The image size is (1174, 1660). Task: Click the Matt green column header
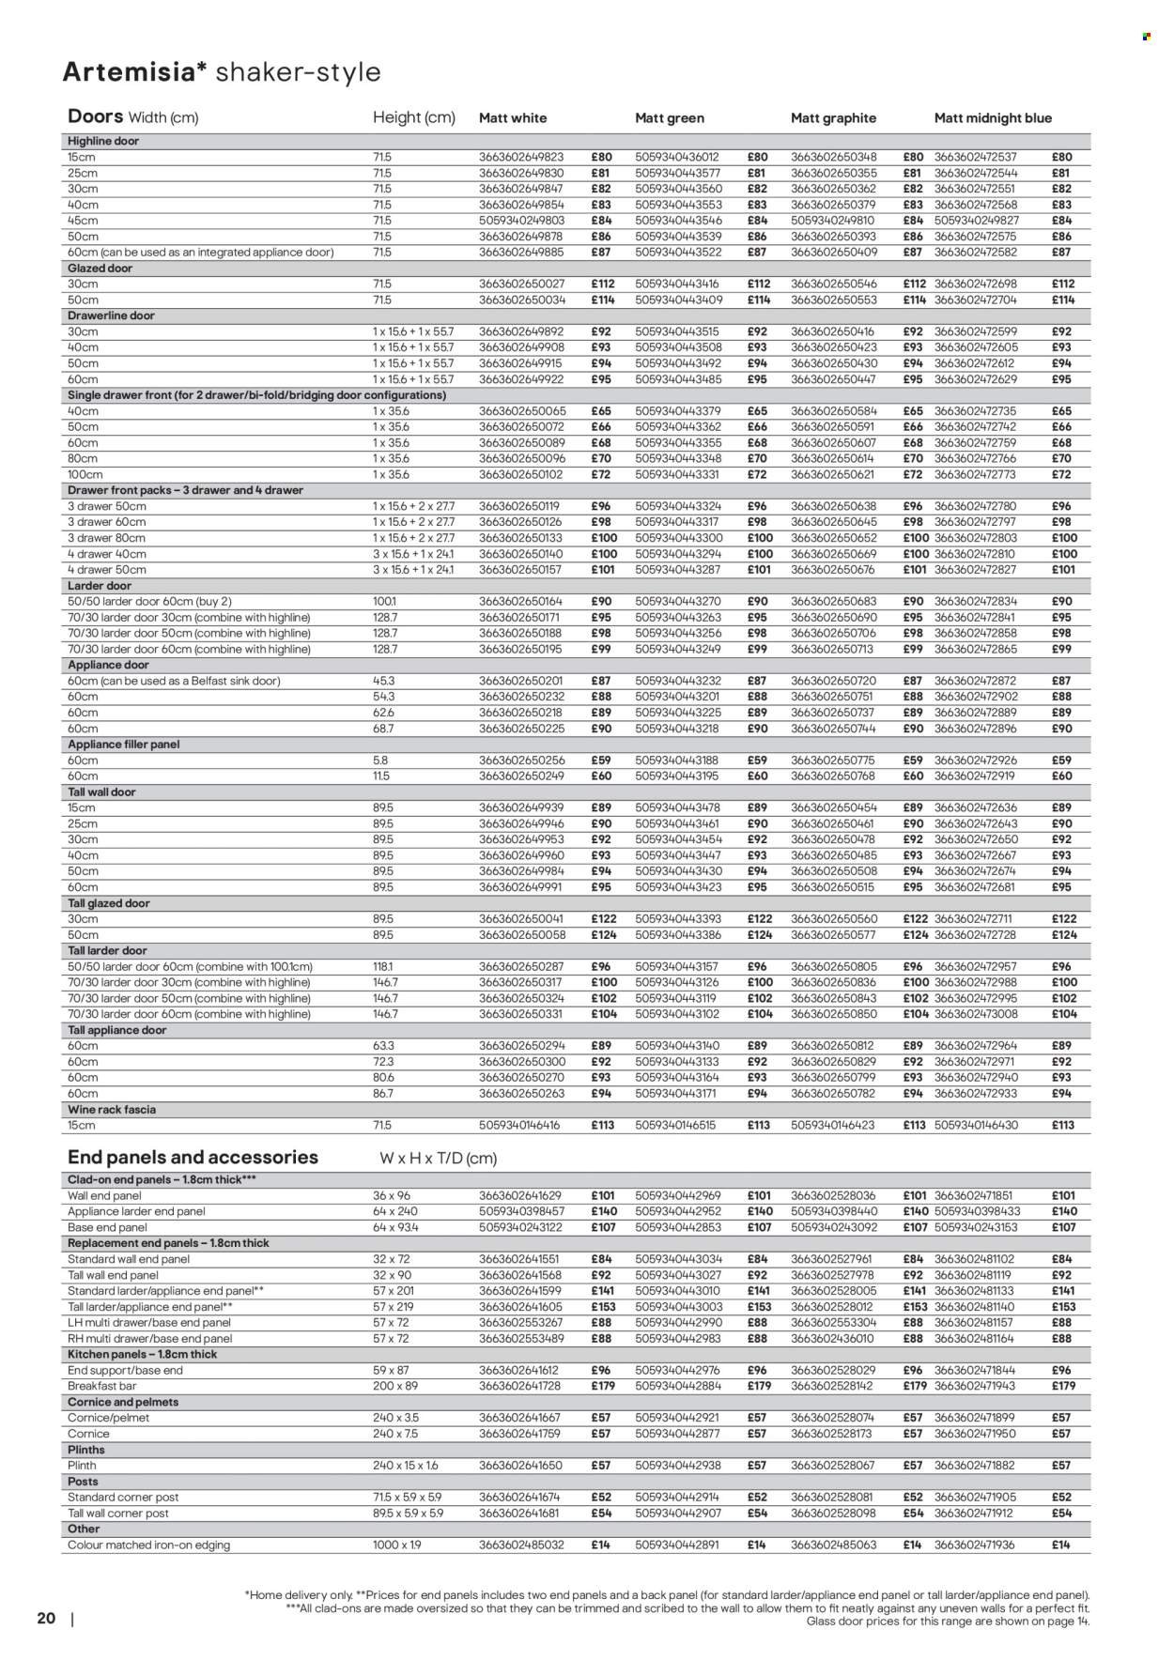tap(669, 118)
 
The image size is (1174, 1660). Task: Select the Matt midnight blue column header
tap(993, 118)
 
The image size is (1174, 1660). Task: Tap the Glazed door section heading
tap(100, 269)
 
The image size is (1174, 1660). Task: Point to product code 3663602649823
tap(521, 158)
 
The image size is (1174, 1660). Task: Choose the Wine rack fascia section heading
tap(112, 1110)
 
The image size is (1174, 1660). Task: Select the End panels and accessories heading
tap(193, 1158)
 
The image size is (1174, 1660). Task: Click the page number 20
tap(47, 1618)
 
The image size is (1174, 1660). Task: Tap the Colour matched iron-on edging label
tap(148, 1545)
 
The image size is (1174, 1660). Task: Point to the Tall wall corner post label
tap(118, 1514)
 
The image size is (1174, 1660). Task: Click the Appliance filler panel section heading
tap(123, 745)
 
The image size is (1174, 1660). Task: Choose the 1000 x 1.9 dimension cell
tap(397, 1545)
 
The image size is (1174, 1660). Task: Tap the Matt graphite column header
tap(833, 118)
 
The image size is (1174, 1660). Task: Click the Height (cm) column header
tap(414, 117)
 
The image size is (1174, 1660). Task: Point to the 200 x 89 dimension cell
tap(394, 1386)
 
